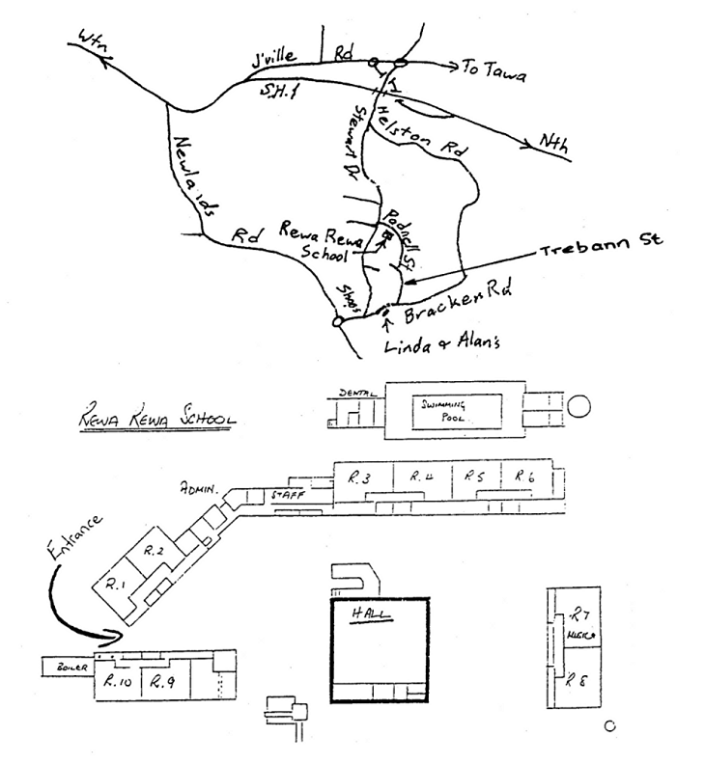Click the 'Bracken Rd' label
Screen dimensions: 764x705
pyautogui.click(x=463, y=299)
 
